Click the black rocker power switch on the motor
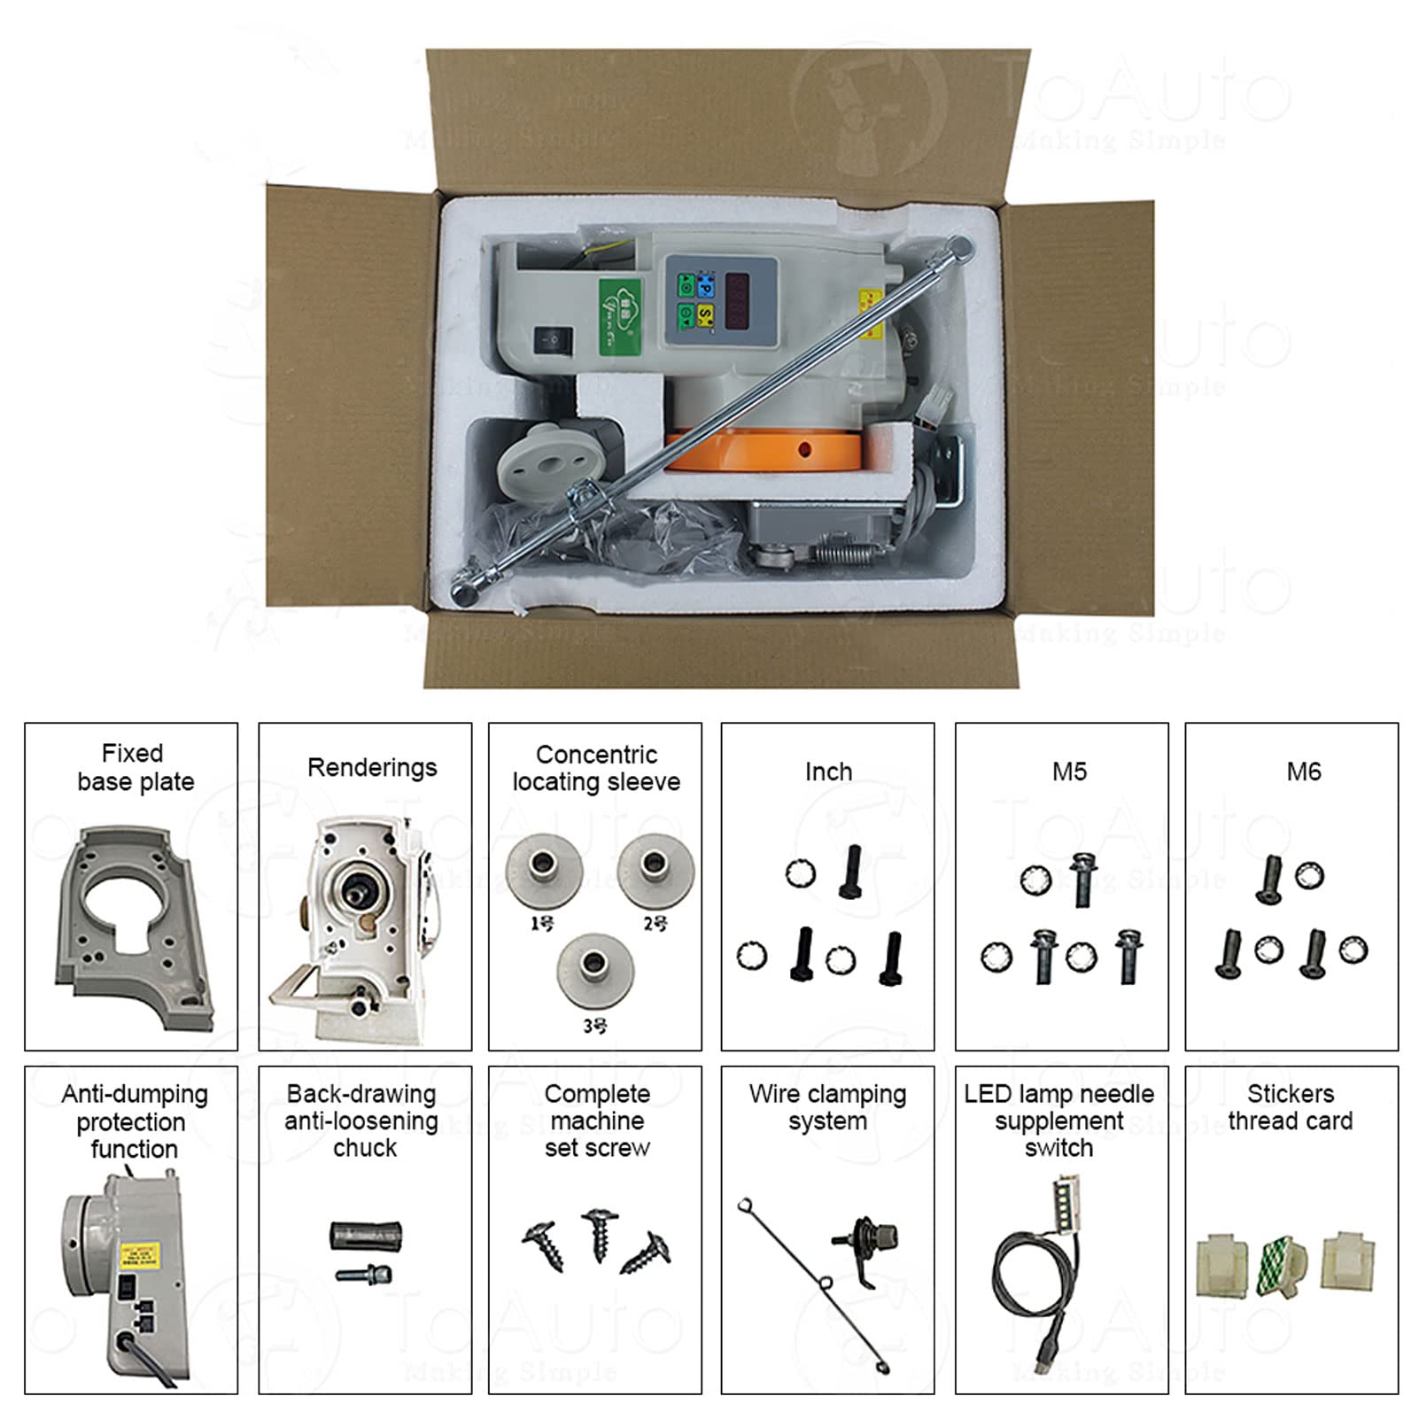click(x=554, y=341)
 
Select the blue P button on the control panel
click(x=706, y=285)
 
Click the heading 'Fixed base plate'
click(x=135, y=768)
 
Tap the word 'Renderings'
click(x=372, y=768)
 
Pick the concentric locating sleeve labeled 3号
click(x=595, y=969)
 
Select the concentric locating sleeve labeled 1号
click(x=544, y=872)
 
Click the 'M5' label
click(x=1069, y=772)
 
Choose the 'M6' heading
click(x=1303, y=772)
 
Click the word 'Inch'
click(x=828, y=772)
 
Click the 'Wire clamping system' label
click(x=827, y=1107)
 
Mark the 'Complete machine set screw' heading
click(x=597, y=1120)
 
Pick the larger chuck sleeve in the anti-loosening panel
click(x=366, y=1235)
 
